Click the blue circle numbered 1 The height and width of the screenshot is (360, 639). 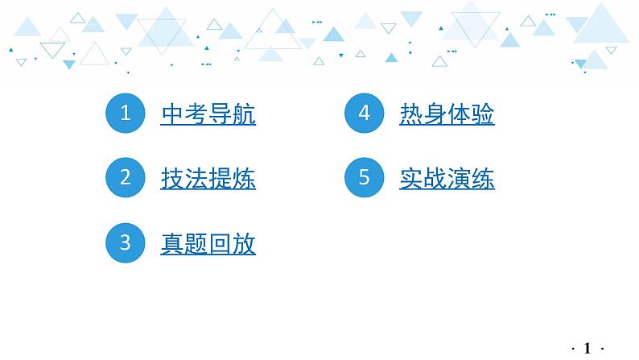pyautogui.click(x=125, y=114)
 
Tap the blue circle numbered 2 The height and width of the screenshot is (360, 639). pyautogui.click(x=125, y=178)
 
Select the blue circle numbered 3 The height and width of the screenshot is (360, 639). pyautogui.click(x=125, y=242)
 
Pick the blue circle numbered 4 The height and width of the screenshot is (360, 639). pyautogui.click(x=364, y=114)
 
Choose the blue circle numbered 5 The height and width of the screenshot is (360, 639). pyautogui.click(x=364, y=178)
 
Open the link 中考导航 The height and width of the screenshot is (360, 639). pyautogui.click(x=208, y=115)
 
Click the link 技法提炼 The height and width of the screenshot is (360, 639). pyautogui.click(x=208, y=179)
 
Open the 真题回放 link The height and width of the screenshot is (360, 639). pyautogui.click(x=208, y=243)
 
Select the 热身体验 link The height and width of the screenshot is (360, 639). pyautogui.click(x=447, y=115)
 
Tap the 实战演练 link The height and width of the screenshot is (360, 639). pyautogui.click(x=447, y=179)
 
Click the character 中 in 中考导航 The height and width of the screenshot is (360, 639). pyautogui.click(x=173, y=115)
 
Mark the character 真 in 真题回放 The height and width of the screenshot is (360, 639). pyautogui.click(x=173, y=243)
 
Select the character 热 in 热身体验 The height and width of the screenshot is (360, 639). pyautogui.click(x=411, y=115)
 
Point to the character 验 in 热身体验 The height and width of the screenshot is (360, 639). pyautogui.click(x=483, y=115)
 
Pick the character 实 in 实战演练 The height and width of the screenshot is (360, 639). pyautogui.click(x=411, y=179)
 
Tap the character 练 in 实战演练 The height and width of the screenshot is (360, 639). pyautogui.click(x=483, y=179)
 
